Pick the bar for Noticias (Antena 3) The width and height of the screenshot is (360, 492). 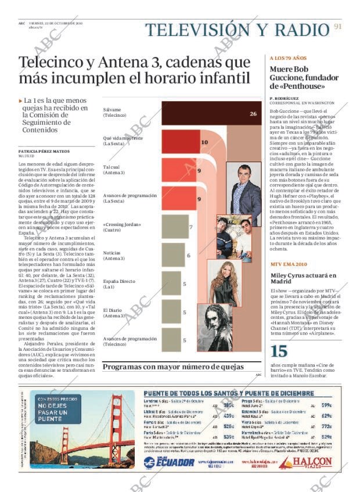pos(174,255)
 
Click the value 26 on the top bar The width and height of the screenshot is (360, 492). pos(253,114)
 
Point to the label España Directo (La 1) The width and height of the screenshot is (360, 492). pos(119,284)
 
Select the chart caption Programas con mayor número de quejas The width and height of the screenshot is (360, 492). pos(173,367)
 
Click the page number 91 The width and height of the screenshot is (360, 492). pos(338,27)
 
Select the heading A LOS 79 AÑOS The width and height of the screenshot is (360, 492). pos(288,59)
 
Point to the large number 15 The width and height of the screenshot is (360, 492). pos(279,351)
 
